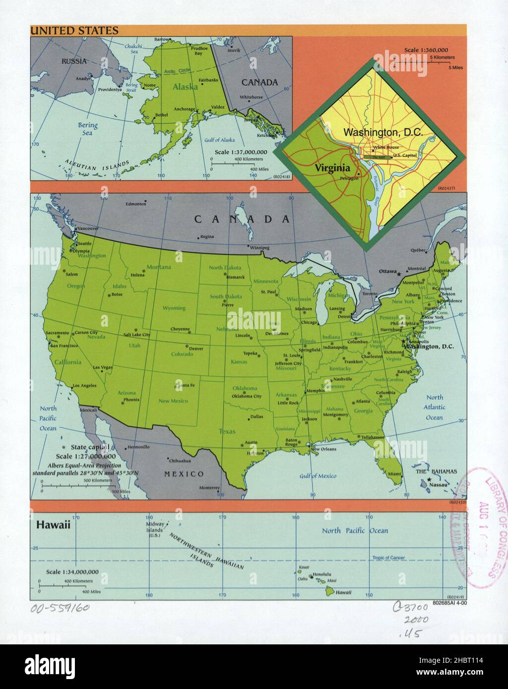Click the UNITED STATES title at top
point(74,31)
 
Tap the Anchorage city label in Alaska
point(184,109)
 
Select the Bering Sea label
point(87,129)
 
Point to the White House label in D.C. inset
point(386,147)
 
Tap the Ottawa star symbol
point(399,272)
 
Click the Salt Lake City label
point(136,335)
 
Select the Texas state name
point(227,431)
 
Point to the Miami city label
point(394,474)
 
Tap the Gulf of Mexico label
point(317,476)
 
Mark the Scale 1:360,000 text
point(426,50)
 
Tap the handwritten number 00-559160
point(60,608)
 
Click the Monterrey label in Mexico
point(209,488)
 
